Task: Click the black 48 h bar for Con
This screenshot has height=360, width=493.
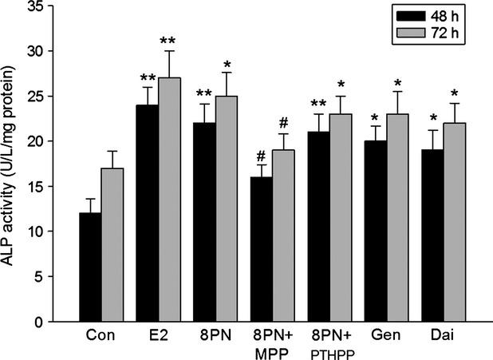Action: pos(91,267)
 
